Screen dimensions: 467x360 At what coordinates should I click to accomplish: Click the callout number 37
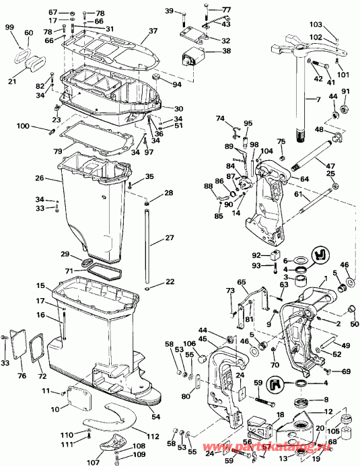click(153, 32)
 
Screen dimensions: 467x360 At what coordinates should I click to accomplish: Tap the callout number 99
click(9, 26)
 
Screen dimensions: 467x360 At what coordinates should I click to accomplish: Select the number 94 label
click(177, 85)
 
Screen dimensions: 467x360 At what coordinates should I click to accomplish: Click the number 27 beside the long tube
click(169, 238)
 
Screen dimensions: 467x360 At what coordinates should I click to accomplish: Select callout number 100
click(41, 126)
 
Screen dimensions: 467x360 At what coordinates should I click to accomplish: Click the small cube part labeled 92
click(275, 258)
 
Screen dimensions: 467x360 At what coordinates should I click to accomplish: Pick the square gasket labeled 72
click(32, 349)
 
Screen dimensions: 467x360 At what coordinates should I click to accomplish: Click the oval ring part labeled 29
click(94, 262)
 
